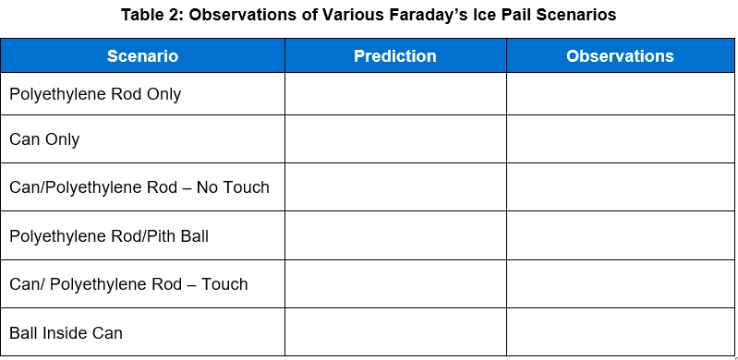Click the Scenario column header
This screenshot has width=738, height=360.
142,56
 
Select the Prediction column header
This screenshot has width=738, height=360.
394,56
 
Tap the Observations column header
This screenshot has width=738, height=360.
620,56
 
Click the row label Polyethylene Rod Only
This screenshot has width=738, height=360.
95,94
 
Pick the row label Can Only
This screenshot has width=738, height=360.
44,139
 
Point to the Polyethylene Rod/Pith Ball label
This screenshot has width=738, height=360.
109,235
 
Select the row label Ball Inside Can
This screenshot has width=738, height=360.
66,332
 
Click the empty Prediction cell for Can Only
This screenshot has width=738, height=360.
395,139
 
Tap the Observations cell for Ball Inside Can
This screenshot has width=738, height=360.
620,332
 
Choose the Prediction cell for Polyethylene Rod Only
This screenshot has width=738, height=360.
395,94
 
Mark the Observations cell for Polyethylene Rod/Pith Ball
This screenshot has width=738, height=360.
620,235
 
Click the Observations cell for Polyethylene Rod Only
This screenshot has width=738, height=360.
620,94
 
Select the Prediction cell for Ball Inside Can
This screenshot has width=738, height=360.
395,332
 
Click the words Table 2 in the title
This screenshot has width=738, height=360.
149,15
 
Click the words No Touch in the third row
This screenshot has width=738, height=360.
233,187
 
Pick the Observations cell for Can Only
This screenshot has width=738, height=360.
620,139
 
